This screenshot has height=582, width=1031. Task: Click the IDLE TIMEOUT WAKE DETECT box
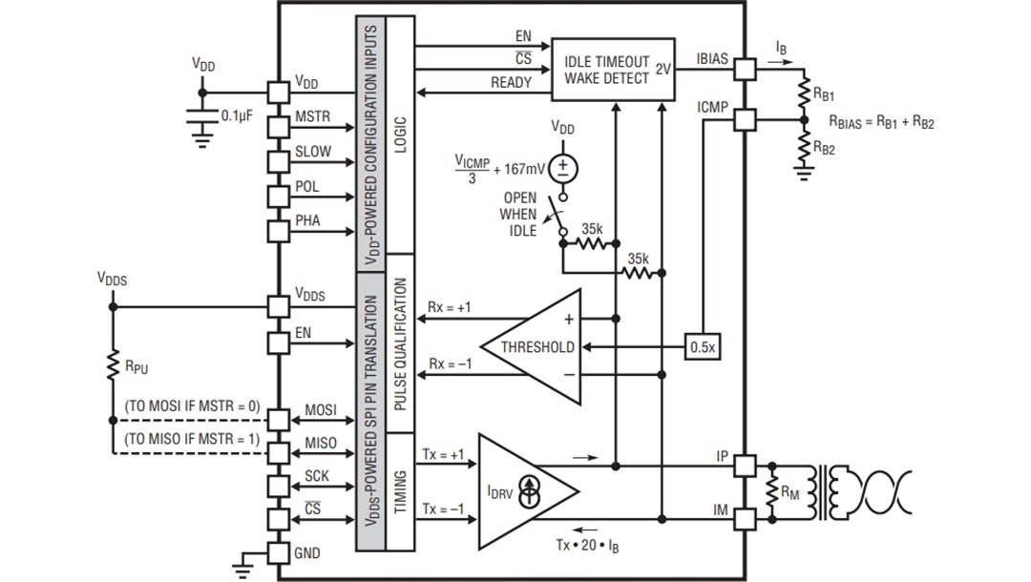click(613, 69)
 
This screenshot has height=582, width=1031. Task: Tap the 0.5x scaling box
click(702, 347)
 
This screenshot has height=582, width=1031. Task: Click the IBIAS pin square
click(745, 69)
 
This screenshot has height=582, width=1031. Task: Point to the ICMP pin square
click(745, 120)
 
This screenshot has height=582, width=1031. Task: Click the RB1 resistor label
click(825, 95)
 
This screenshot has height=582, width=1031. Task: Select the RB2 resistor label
click(825, 148)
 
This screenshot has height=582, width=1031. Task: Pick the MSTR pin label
click(312, 117)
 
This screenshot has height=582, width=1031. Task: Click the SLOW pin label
click(313, 152)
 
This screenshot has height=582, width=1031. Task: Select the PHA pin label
click(307, 221)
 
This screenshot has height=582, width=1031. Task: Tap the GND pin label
click(307, 552)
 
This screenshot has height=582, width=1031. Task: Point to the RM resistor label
click(789, 492)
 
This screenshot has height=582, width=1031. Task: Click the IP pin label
click(722, 457)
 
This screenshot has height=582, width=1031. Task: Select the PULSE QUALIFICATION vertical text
click(400, 344)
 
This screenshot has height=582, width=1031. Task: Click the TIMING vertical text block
click(400, 492)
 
